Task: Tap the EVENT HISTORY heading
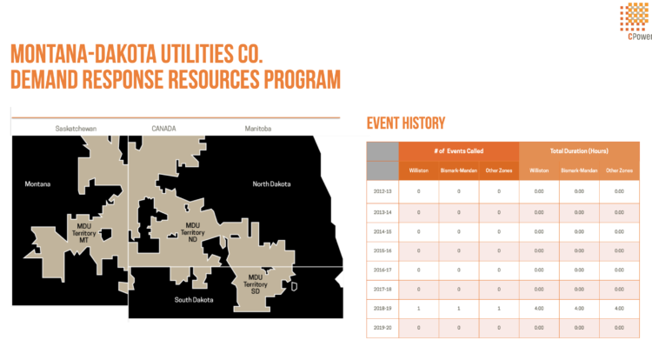click(x=406, y=123)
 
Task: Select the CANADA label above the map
click(x=163, y=129)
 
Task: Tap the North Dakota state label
click(x=271, y=184)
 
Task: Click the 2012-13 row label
click(x=383, y=190)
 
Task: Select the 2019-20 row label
click(x=383, y=329)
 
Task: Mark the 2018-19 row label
click(x=383, y=309)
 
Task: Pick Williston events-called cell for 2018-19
click(x=419, y=309)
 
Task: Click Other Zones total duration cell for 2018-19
click(x=619, y=309)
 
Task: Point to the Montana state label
click(x=37, y=184)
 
